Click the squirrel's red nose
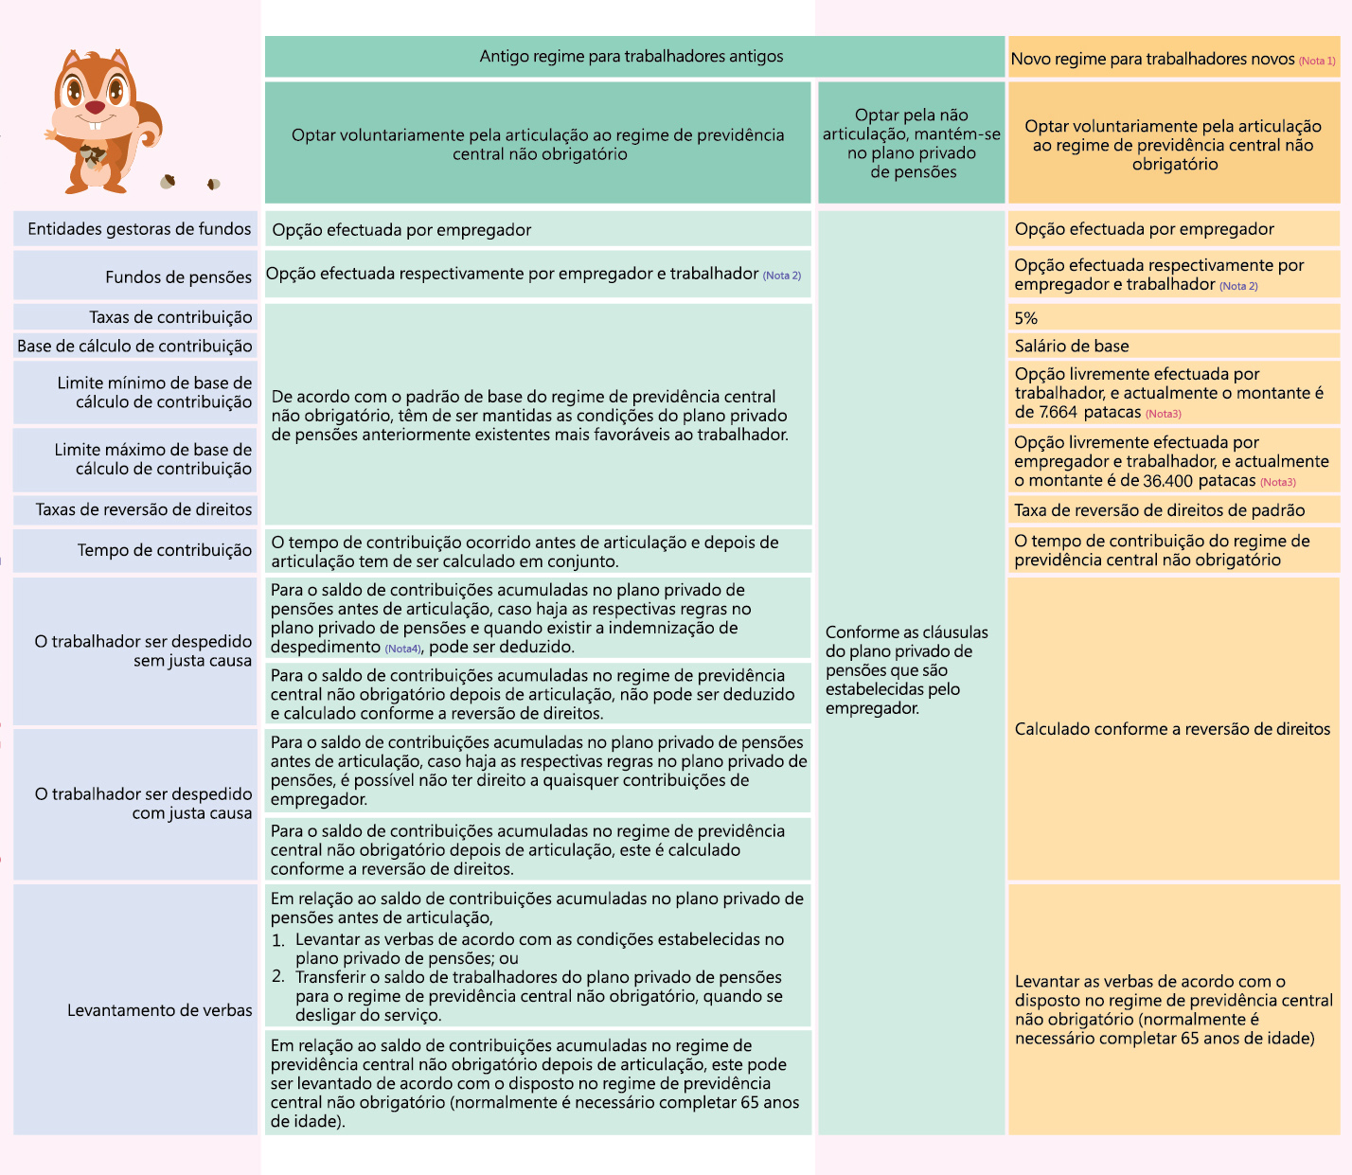click(x=95, y=108)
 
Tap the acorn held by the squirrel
click(x=92, y=154)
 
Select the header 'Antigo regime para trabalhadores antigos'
click(x=632, y=57)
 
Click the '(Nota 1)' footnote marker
click(x=1317, y=61)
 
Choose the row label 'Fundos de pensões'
click(x=178, y=277)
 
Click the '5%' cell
click(x=1026, y=318)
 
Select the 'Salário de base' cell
click(x=1072, y=347)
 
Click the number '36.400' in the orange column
click(x=1167, y=481)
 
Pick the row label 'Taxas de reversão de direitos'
click(x=144, y=510)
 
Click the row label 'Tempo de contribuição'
click(x=165, y=550)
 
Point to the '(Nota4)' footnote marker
click(x=402, y=649)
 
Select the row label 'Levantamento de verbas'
click(x=159, y=1010)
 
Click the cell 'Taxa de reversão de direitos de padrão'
click(x=1160, y=510)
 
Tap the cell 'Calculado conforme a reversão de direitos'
click(x=1172, y=729)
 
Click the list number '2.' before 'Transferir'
click(x=278, y=977)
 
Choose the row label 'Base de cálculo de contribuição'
click(x=134, y=347)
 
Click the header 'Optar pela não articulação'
click(x=911, y=143)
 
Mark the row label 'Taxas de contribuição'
click(x=170, y=317)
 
